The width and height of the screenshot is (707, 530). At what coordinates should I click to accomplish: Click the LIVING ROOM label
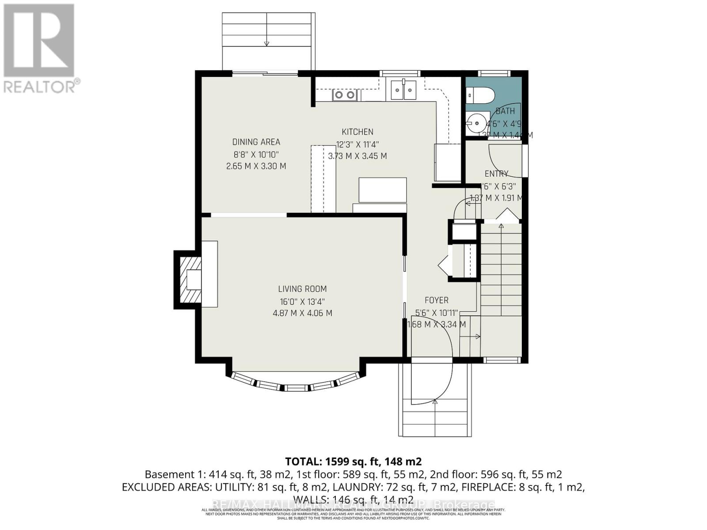302,289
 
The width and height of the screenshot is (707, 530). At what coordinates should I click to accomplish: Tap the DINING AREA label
256,142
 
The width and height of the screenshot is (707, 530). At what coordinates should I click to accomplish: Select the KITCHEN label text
357,132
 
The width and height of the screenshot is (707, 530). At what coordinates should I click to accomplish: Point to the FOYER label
436,300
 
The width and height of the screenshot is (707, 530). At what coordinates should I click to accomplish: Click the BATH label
505,111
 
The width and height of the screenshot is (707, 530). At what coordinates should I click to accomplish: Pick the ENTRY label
496,174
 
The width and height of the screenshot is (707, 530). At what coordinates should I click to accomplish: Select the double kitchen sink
403,92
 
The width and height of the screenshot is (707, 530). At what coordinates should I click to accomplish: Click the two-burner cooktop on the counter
344,95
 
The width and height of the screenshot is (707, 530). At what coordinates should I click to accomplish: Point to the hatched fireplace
189,279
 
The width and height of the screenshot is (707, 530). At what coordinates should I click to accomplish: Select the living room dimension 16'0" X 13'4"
302,302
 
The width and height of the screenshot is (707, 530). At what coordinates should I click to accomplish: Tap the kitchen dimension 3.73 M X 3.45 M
357,156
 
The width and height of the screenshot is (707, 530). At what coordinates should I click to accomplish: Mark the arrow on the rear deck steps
266,43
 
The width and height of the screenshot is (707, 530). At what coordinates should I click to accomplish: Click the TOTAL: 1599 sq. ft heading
353,462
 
